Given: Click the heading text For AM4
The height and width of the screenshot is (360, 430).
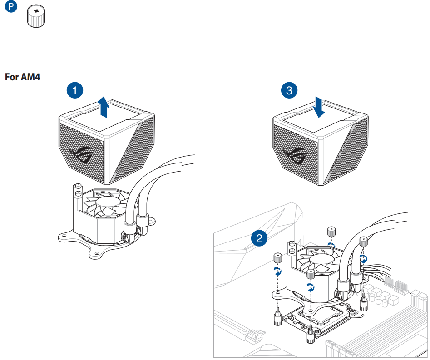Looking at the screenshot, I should (23, 77).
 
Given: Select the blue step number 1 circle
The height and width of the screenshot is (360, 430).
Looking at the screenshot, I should (75, 90).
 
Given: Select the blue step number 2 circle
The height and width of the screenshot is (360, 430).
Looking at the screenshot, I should (259, 238).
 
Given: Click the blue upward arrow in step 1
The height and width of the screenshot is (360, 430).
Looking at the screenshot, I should (104, 107).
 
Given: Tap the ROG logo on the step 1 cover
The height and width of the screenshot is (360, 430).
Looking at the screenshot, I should (82, 156).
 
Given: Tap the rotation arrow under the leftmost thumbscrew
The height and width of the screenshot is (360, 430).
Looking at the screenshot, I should (277, 271).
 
